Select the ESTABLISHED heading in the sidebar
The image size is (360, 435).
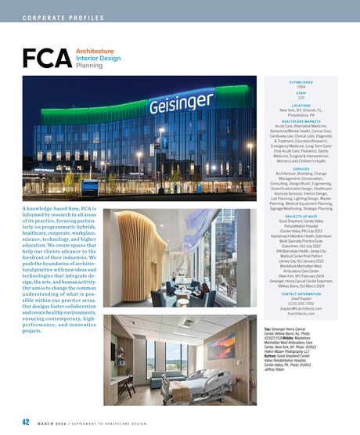pyautogui.click(x=301, y=81)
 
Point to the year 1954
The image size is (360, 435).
pyautogui.click(x=301, y=87)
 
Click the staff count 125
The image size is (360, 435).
pyautogui.click(x=301, y=99)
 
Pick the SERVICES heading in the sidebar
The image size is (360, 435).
pyautogui.click(x=301, y=169)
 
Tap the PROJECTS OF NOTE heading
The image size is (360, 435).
pyautogui.click(x=301, y=216)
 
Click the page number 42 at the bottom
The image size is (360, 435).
pyautogui.click(x=26, y=422)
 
